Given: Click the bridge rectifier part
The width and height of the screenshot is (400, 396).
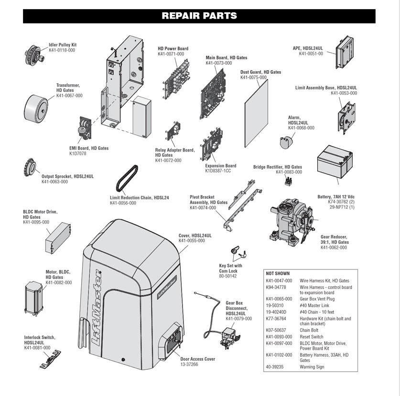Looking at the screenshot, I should (x=288, y=181).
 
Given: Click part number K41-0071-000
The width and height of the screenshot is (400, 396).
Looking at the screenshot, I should (x=171, y=54).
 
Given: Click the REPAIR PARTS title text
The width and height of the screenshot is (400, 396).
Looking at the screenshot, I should (x=199, y=16).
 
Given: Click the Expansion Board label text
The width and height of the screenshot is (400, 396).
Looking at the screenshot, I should (x=220, y=166).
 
